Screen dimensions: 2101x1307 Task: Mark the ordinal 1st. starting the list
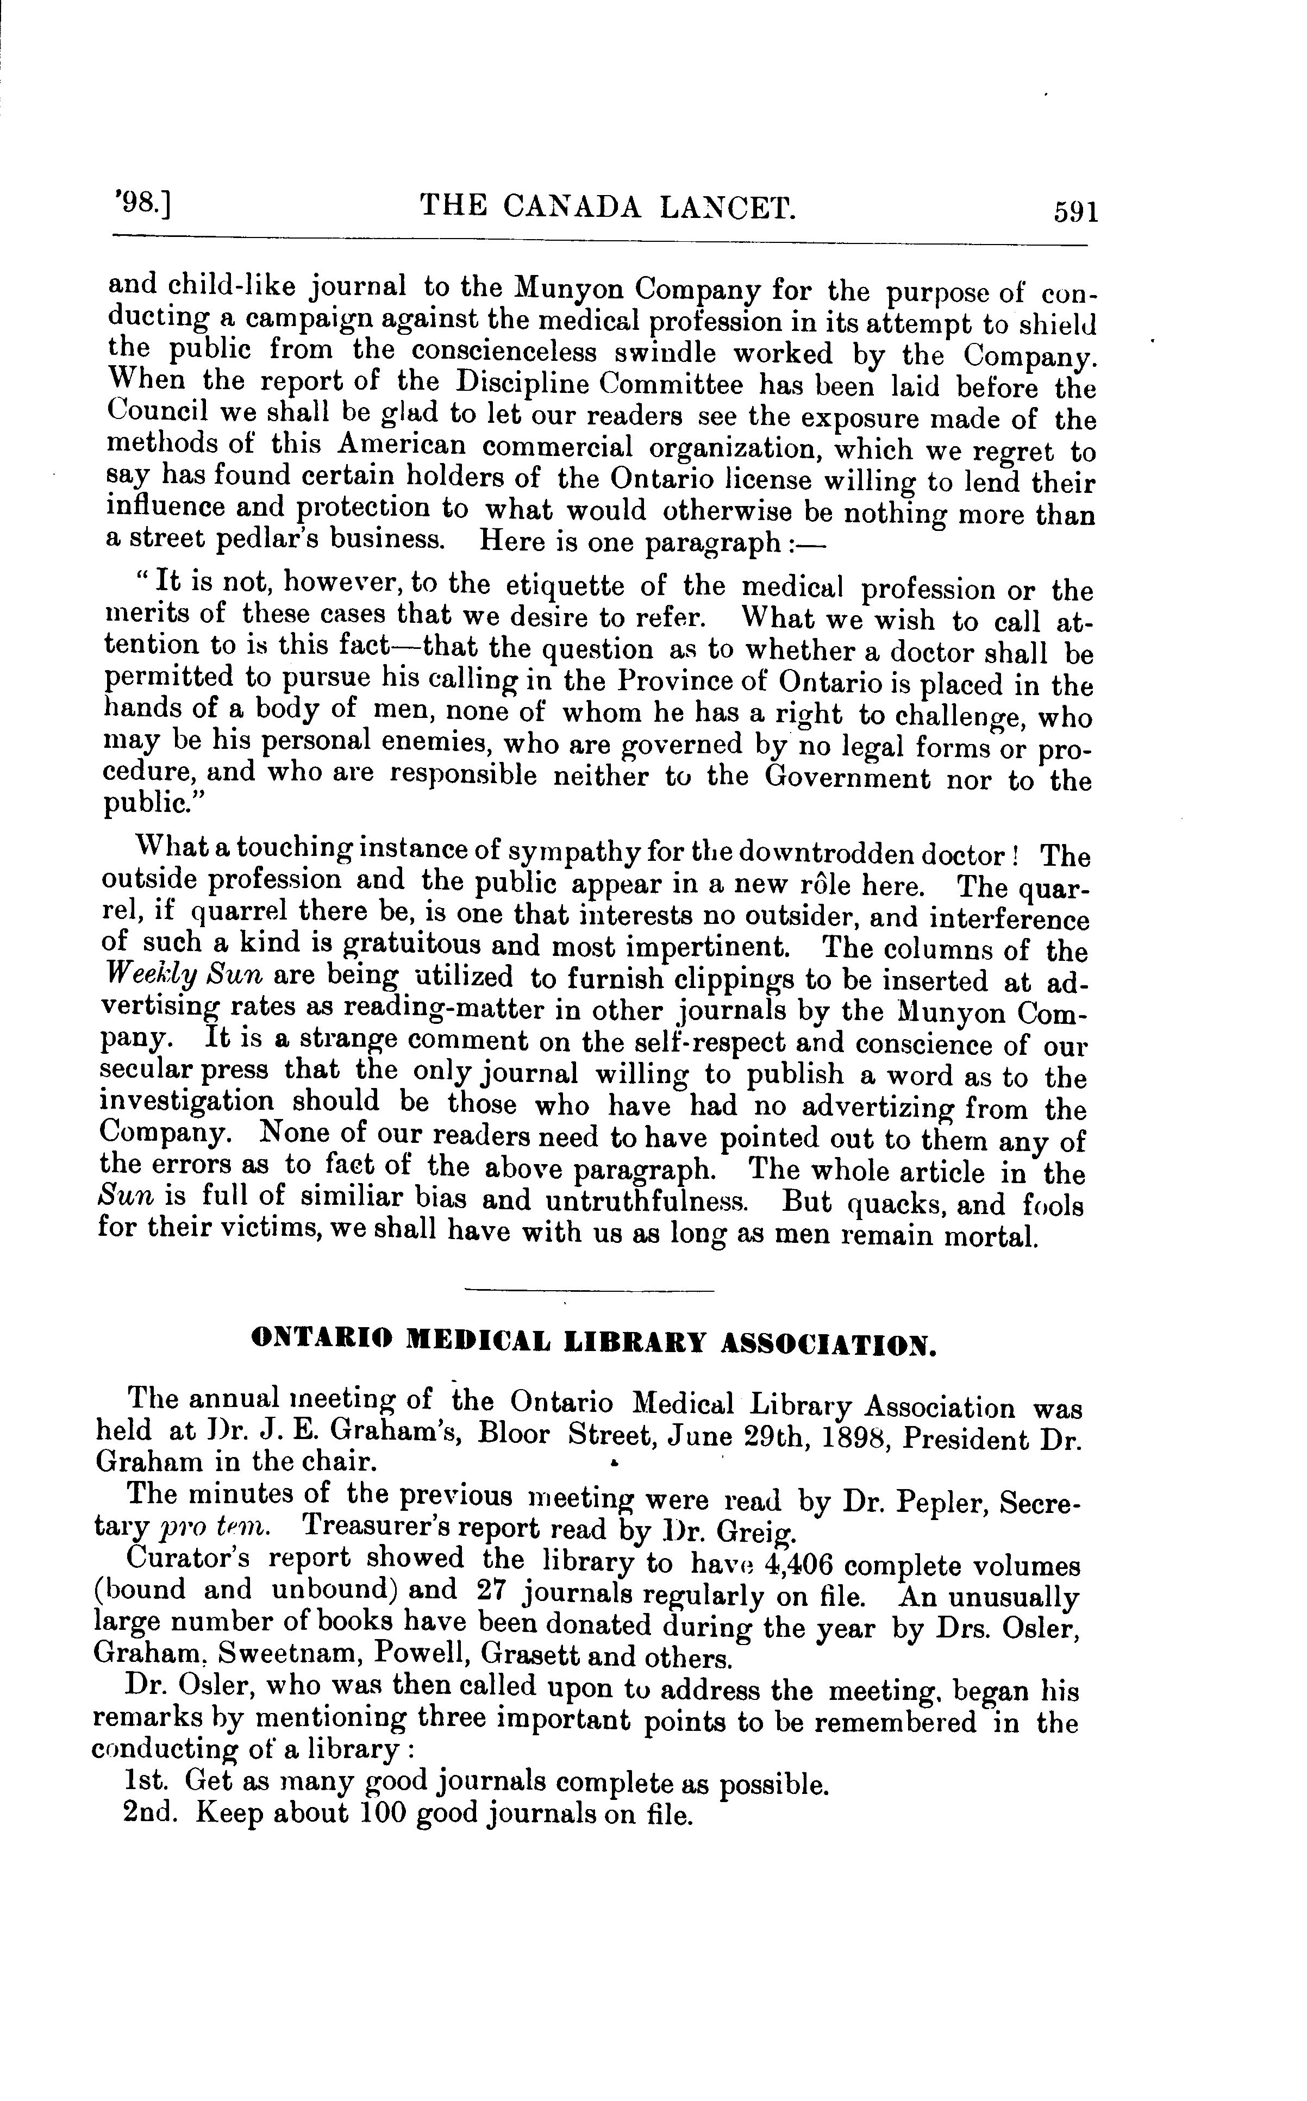coord(149,1781)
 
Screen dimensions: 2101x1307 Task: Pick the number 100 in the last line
coord(383,1812)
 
